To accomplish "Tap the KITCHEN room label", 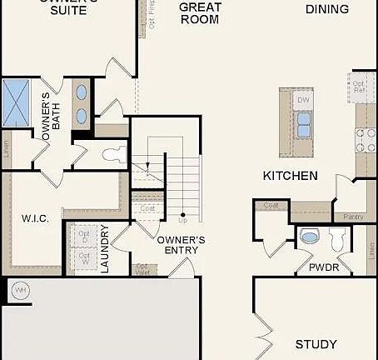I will coord(290,176).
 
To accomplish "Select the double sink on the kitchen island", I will coord(304,124).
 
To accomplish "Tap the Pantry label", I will coord(353,217).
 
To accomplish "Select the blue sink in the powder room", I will coord(309,237).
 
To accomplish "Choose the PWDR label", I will coord(321,268).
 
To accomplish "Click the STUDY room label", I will coord(316,344).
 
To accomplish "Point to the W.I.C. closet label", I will coord(36,218).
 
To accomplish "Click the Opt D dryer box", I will coord(84,237).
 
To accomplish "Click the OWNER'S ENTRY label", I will coord(181,245).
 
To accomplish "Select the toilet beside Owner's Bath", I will coord(114,153).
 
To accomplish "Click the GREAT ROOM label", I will coord(200,13).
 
